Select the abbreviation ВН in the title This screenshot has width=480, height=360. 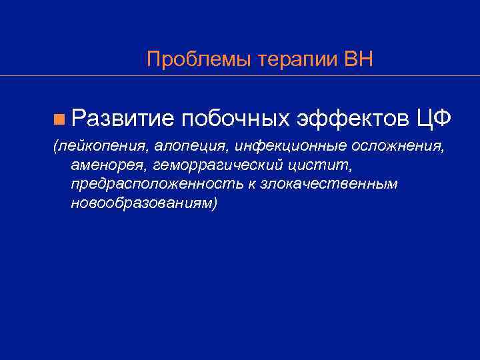point(359,59)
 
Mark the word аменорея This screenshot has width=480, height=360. point(107,164)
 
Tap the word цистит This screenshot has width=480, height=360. point(318,164)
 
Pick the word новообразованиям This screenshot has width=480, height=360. point(143,202)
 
